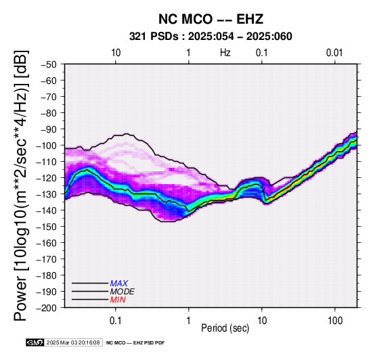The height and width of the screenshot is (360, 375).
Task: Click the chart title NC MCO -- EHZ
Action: coord(211,19)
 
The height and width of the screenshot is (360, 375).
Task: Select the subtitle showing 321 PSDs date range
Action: coord(211,37)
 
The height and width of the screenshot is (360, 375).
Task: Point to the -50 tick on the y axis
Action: coord(48,64)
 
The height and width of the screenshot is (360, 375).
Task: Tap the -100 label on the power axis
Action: coord(46,145)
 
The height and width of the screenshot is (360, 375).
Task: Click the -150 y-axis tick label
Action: coord(46,227)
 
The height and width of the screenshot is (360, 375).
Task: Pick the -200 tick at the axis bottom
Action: coord(46,308)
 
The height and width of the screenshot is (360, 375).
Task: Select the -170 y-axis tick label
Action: coord(46,259)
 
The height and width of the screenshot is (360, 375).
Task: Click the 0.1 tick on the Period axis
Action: coord(116,321)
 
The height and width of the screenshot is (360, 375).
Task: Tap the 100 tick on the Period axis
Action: coord(335,321)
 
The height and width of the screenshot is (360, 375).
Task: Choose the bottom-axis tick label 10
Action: coord(262,321)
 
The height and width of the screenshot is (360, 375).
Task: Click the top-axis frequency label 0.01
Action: coord(334,53)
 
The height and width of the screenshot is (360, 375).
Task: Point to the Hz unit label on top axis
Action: coord(225,53)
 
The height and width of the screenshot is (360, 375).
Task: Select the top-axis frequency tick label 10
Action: coord(116,53)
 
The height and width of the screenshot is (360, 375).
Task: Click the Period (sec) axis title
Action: coord(225,328)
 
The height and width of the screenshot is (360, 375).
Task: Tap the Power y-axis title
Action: coord(20,185)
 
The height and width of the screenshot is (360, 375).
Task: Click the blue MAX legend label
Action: coord(119,284)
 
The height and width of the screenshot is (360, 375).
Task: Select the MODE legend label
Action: coord(123,292)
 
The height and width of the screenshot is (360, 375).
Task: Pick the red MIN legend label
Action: coord(118,300)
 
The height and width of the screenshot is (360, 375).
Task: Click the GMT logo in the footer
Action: coord(35,342)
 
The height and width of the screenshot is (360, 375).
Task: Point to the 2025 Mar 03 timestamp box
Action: coord(73,342)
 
